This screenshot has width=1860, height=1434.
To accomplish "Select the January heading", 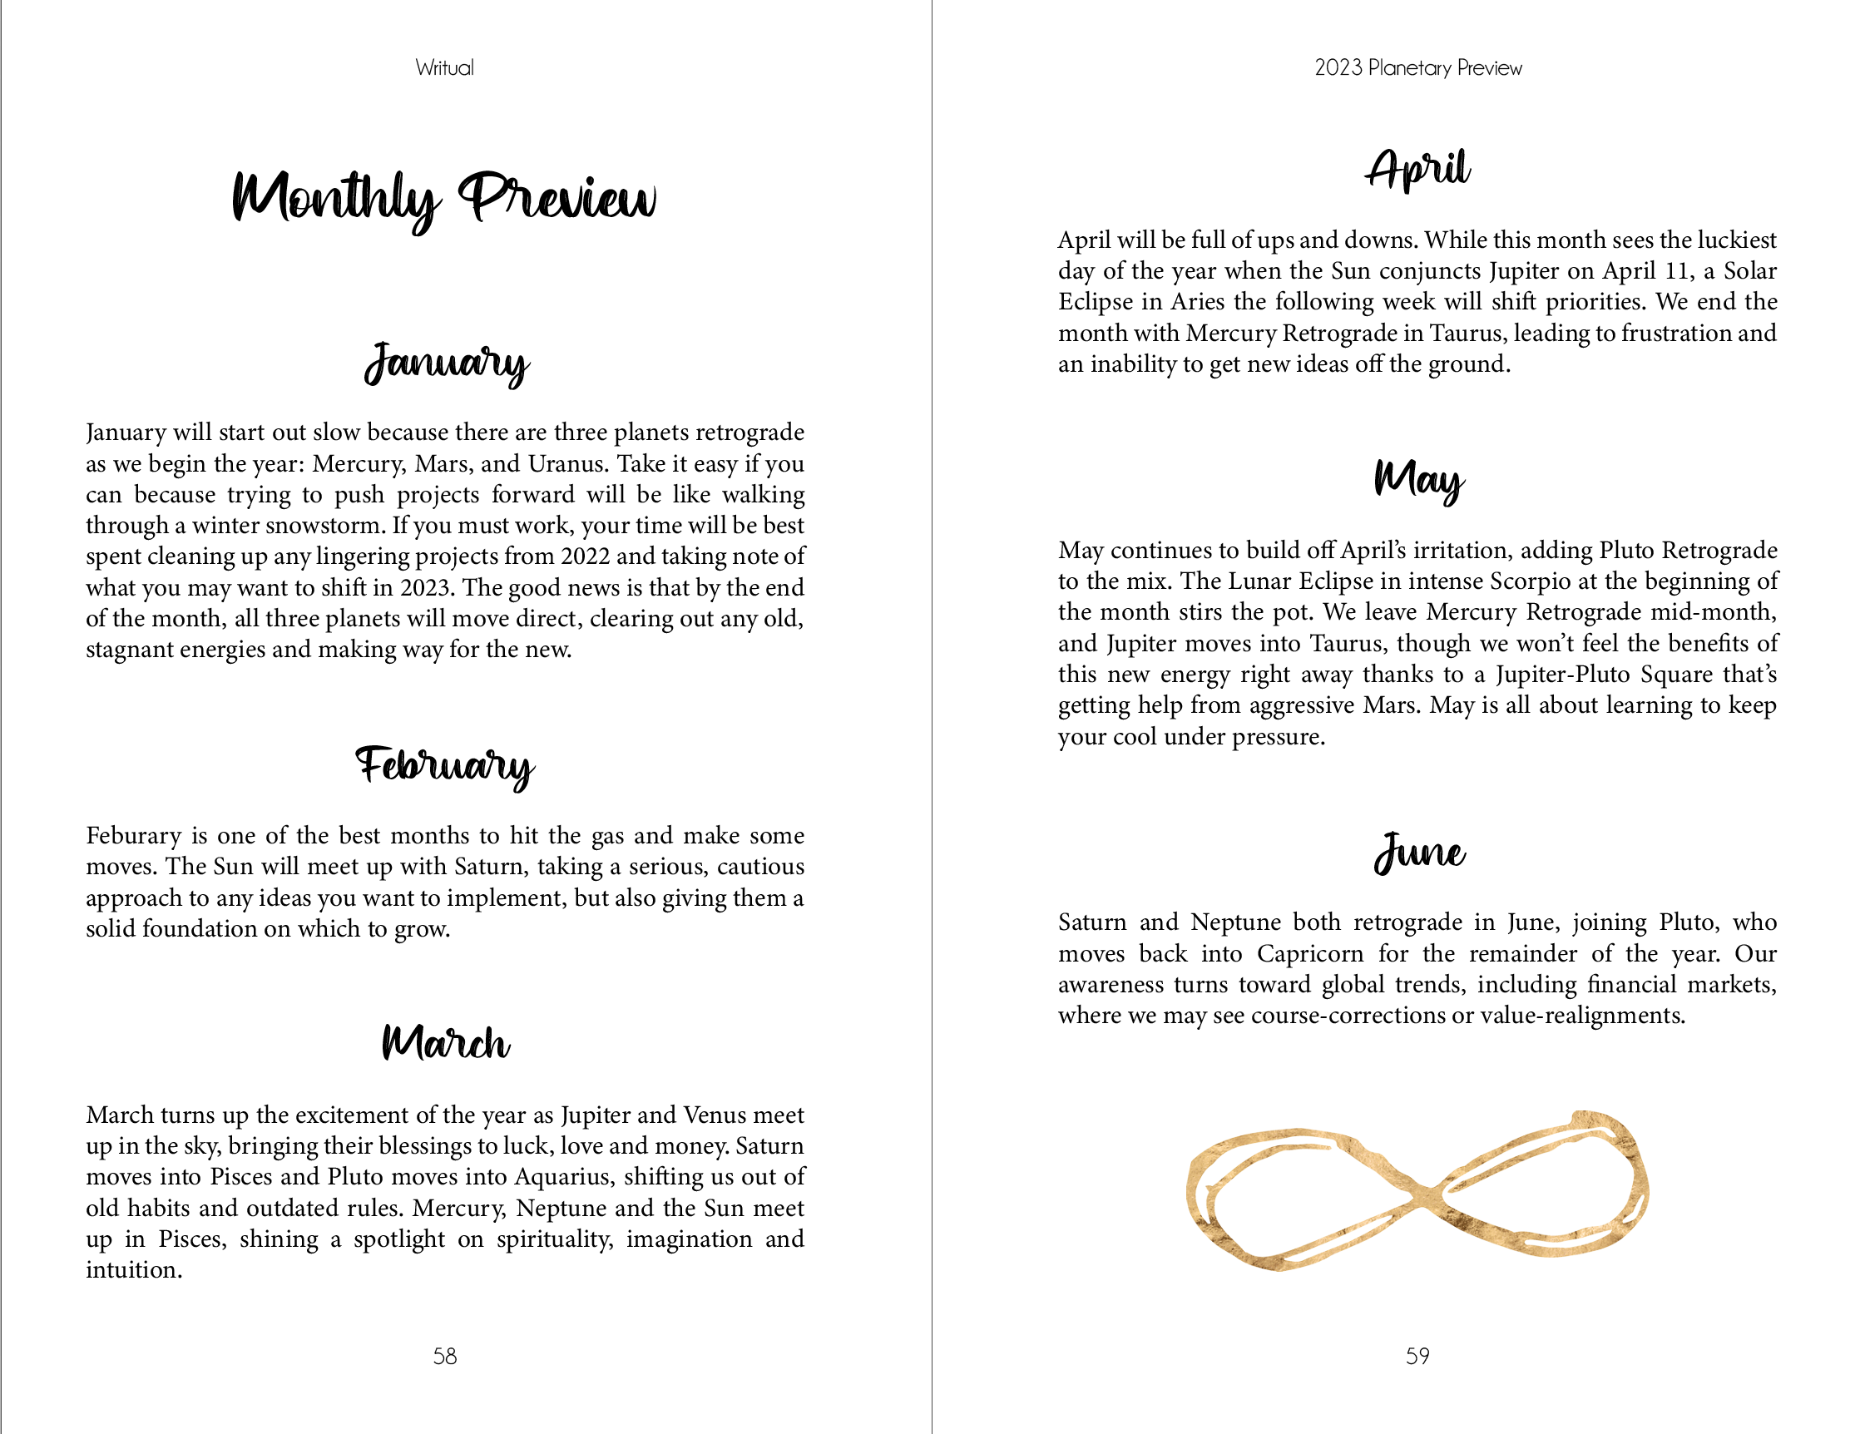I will pyautogui.click(x=446, y=363).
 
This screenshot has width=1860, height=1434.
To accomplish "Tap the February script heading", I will pyautogui.click(x=444, y=764).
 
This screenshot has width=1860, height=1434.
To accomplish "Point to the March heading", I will pyautogui.click(x=445, y=1042).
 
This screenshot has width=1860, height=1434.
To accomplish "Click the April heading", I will pyautogui.click(x=1418, y=169).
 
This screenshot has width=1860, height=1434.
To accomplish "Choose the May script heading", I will pyautogui.click(x=1418, y=479).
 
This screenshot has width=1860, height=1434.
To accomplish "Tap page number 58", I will pyautogui.click(x=444, y=1356).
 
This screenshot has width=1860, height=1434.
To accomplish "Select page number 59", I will pyautogui.click(x=1417, y=1356).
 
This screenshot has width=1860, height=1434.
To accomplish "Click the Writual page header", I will pyautogui.click(x=444, y=68).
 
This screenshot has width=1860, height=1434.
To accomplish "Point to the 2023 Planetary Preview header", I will pyautogui.click(x=1418, y=68).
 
